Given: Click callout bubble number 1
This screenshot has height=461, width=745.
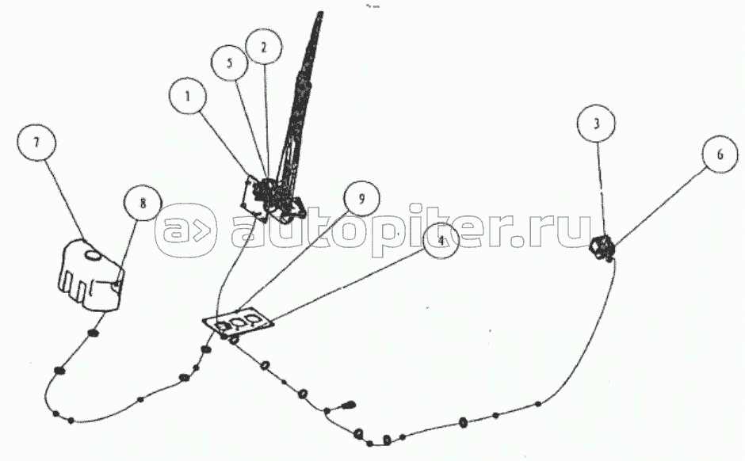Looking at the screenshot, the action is tap(187, 96).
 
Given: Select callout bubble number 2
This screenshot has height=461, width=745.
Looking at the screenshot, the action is tap(264, 47).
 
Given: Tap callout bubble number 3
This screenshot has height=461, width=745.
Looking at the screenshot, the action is tap(596, 124).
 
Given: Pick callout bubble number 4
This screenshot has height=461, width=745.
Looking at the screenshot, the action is tap(441, 241).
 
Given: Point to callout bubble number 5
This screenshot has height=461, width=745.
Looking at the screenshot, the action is tap(230, 63).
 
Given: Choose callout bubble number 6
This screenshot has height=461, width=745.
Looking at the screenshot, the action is tap(720, 154).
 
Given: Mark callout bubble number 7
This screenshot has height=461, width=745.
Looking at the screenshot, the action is tap(36, 143).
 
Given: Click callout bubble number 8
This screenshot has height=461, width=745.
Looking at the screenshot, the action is tap(143, 203).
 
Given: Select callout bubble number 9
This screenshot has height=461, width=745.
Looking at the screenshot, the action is tap(361, 199).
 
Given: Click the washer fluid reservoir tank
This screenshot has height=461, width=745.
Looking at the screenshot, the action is tap(91, 276).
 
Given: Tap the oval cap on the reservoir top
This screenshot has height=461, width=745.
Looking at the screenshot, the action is tap(92, 255).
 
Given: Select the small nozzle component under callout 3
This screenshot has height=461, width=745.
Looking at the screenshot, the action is tap(602, 247).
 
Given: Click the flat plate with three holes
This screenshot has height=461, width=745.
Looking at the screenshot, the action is tap(238, 322).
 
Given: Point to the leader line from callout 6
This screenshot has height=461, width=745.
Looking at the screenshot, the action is tap(659, 207).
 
